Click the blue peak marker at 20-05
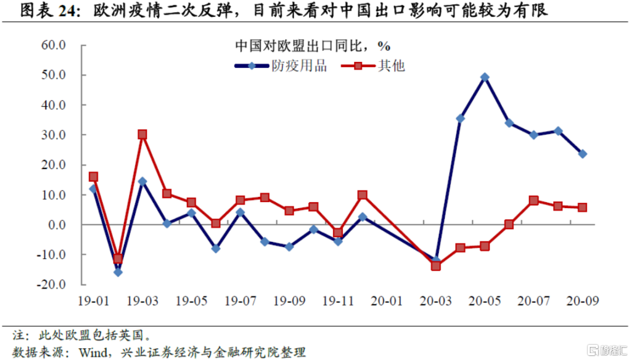[x=484, y=77]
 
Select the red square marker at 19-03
[x=142, y=134]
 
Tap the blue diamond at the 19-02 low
[x=117, y=272]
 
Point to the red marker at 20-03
[x=435, y=266]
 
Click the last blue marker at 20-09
[x=583, y=154]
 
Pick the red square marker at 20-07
[x=533, y=200]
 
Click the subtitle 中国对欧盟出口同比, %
[x=312, y=45]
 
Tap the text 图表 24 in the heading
[x=46, y=10]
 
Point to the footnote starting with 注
[x=82, y=335]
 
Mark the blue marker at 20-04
[x=460, y=119]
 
